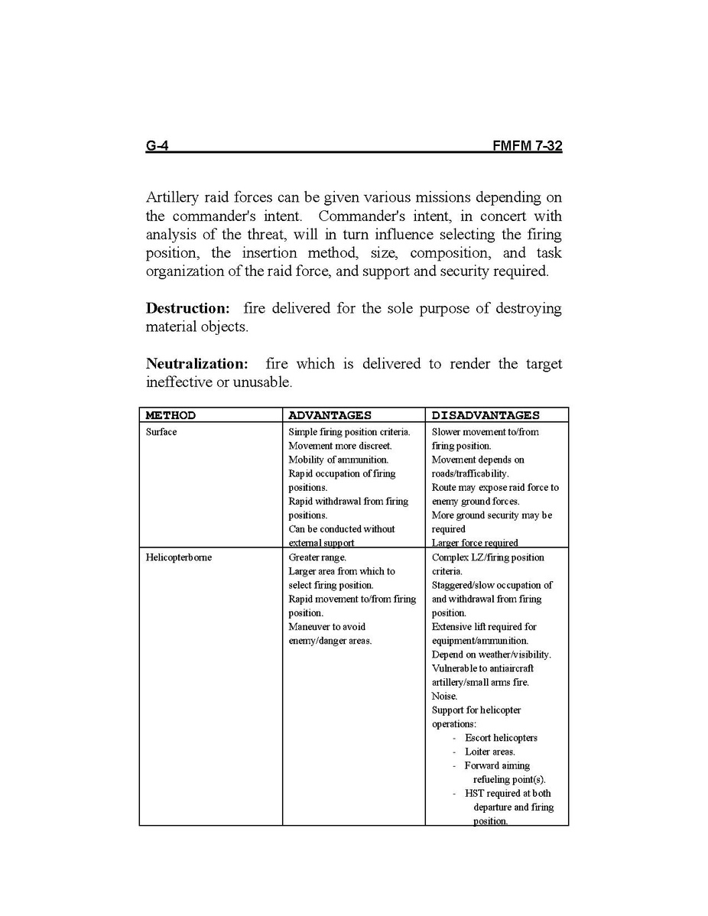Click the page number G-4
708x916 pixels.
click(x=157, y=145)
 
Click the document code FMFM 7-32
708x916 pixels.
click(x=528, y=145)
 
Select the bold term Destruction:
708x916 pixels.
click(x=187, y=309)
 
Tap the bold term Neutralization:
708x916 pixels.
click(x=196, y=364)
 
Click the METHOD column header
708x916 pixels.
click(x=171, y=416)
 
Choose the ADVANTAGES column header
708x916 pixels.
click(x=330, y=416)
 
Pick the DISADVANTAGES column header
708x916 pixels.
click(x=486, y=416)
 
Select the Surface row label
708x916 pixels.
click(x=161, y=432)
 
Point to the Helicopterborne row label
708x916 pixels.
click(x=179, y=557)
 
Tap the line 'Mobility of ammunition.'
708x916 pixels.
click(x=338, y=460)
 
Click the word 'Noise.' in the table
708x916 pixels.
click(x=444, y=697)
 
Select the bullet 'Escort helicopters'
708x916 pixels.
click(x=501, y=738)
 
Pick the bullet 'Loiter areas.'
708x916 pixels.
click(x=490, y=752)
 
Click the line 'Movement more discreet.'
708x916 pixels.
click(x=339, y=446)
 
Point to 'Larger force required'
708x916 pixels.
click(x=475, y=543)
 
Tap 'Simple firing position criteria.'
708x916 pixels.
click(x=349, y=432)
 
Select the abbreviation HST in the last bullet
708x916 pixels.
click(x=474, y=794)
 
